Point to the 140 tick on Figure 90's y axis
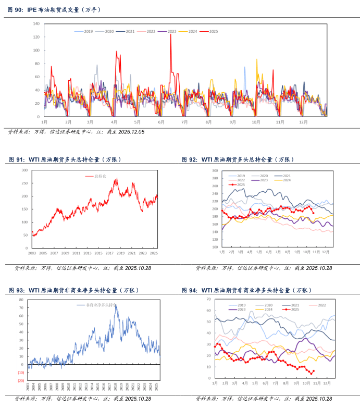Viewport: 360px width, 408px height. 36,24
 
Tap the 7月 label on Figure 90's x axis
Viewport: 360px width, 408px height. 184,122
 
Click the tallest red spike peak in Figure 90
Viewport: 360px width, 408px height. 170,34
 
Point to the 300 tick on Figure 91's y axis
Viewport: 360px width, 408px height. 24,170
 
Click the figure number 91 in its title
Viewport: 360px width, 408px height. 20,159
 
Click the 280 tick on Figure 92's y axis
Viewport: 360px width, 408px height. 214,171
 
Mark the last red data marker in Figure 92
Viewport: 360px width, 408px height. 313,212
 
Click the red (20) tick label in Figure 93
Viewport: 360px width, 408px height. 21,380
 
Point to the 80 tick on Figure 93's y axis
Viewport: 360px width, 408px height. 21,300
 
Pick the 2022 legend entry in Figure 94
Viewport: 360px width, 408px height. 321,305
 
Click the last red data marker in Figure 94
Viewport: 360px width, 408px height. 313,371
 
